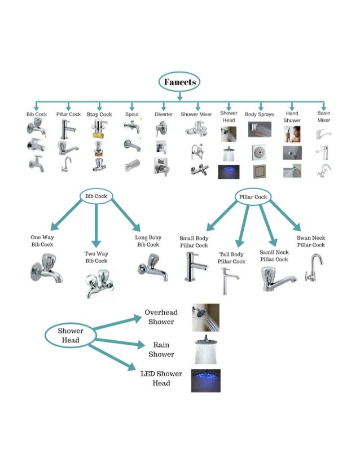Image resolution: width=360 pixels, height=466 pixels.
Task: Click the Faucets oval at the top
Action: click(180, 82)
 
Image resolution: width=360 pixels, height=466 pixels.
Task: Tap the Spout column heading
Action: click(132, 114)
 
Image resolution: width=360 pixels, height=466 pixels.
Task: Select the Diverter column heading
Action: click(163, 114)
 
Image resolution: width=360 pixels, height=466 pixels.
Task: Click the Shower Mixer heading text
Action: click(196, 114)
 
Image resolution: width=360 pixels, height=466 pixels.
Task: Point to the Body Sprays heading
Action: click(259, 114)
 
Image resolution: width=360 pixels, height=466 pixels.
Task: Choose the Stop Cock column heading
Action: click(99, 114)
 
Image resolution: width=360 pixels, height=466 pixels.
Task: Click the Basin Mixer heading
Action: click(324, 116)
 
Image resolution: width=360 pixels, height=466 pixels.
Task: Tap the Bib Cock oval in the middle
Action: click(96, 196)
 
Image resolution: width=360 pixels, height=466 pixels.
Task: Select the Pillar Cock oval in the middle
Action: click(253, 197)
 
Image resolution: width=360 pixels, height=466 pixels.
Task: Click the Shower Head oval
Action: click(70, 335)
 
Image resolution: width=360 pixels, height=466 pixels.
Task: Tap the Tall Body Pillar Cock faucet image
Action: click(229, 280)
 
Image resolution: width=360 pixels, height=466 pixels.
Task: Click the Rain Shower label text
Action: click(161, 349)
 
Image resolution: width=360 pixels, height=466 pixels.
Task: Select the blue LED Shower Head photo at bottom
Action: click(205, 380)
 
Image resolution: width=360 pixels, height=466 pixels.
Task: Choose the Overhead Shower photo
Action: click(205, 318)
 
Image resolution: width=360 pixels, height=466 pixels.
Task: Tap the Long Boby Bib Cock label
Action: click(148, 241)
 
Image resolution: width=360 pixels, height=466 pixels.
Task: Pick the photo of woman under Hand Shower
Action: click(292, 134)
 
